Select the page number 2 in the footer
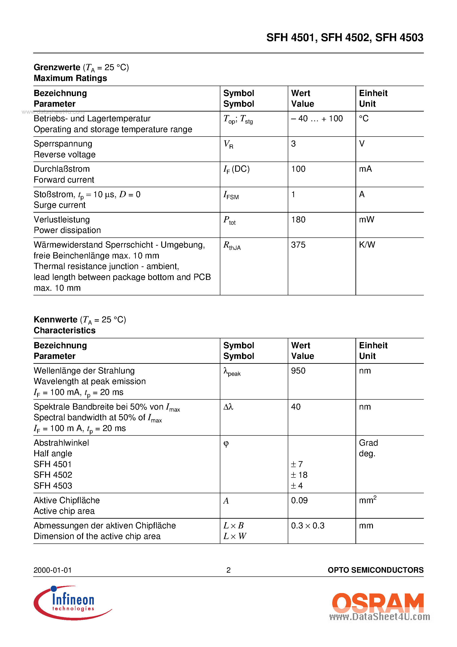(x=228, y=570)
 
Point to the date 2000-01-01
(x=53, y=570)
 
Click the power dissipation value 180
(x=298, y=220)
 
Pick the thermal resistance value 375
(x=298, y=245)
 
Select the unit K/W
(x=367, y=245)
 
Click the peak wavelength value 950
(x=298, y=371)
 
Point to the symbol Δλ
(x=228, y=407)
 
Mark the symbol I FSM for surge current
(x=231, y=195)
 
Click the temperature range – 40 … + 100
(x=317, y=118)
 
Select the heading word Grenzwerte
(x=57, y=67)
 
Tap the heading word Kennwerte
(x=56, y=320)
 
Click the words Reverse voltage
(x=65, y=154)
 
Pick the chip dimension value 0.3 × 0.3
(x=308, y=526)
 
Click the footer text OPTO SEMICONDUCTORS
(x=375, y=570)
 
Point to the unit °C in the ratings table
(x=363, y=118)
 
